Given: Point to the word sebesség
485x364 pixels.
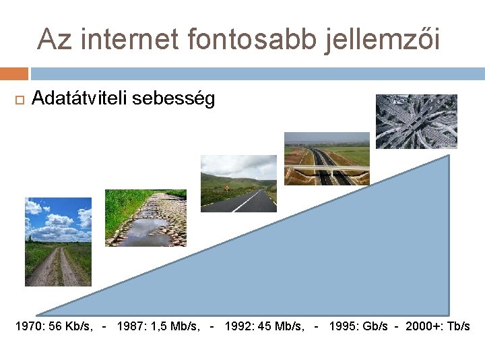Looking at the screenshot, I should [174, 100].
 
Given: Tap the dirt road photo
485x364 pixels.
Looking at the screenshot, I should [58, 241].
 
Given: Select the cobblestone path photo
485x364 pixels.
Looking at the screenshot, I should [145, 218].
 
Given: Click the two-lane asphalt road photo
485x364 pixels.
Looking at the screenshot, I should [238, 183].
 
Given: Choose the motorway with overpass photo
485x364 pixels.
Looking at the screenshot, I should [327, 158].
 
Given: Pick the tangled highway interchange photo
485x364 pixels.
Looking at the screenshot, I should [416, 121].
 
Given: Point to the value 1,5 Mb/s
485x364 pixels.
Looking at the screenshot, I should [174, 326].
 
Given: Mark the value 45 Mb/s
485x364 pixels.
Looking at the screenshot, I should [283, 326].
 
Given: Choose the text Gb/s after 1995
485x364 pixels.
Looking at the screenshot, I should [375, 326].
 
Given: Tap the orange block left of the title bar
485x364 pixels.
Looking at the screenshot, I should [13, 73].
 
